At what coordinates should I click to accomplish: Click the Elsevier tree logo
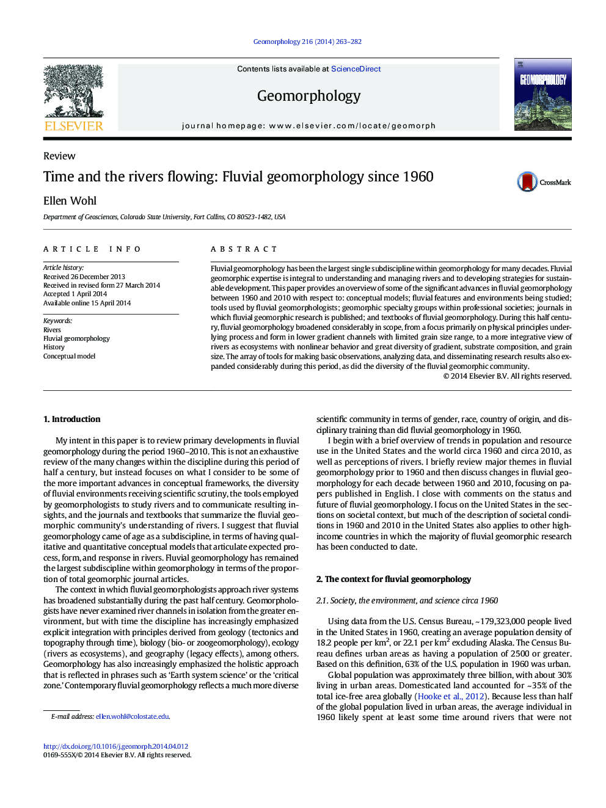(74, 92)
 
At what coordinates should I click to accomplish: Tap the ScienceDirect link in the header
(356, 69)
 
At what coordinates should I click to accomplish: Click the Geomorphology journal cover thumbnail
(542, 94)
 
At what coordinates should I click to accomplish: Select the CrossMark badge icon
(527, 182)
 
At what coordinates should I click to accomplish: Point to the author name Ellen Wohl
(70, 201)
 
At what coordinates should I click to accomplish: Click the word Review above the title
(59, 156)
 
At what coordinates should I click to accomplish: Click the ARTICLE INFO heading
(92, 249)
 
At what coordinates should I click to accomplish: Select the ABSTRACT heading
(244, 249)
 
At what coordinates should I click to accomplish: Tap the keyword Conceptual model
(69, 356)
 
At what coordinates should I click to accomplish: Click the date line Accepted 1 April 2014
(75, 294)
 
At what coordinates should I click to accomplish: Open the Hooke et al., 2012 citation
(451, 696)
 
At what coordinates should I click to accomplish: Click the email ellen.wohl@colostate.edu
(132, 716)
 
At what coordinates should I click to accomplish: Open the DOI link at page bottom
(115, 746)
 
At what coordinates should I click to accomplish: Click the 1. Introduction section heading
(71, 419)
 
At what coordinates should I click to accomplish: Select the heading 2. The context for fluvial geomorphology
(393, 579)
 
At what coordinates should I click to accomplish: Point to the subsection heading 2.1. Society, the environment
(407, 600)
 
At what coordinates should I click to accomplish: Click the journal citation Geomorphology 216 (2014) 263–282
(307, 42)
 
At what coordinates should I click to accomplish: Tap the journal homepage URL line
(308, 126)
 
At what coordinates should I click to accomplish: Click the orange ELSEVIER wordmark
(74, 126)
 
